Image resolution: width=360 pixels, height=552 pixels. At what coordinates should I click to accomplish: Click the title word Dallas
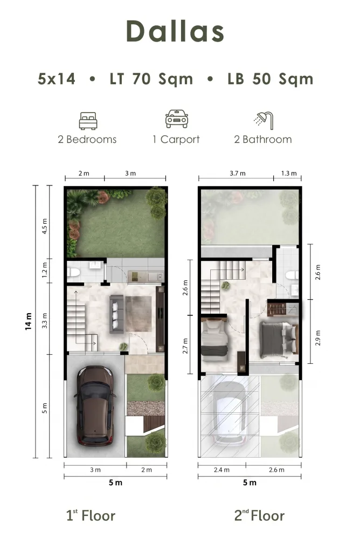pos(175,31)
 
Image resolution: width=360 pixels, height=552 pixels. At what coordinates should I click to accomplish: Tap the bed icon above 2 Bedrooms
pos(88,121)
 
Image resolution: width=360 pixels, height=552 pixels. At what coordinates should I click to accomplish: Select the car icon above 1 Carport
pos(177,119)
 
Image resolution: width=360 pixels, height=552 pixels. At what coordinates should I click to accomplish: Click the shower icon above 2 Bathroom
pos(263,120)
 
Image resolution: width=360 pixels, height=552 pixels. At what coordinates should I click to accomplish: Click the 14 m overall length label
pos(28,321)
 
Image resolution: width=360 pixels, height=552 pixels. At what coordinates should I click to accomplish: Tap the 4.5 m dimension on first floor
pos(44,226)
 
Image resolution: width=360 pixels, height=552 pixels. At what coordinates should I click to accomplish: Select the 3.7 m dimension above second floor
pos(238,173)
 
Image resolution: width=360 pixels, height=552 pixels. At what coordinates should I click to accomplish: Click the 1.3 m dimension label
pos(288,173)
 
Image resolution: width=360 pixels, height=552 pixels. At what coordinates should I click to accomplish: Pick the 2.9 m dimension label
pos(318,337)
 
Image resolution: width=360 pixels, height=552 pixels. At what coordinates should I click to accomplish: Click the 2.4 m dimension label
pos(221,470)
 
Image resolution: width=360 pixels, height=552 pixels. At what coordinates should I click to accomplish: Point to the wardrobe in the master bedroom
pos(276,309)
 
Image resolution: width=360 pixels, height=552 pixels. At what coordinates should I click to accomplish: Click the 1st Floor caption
pos(91,515)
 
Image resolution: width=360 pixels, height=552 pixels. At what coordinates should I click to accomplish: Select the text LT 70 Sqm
pos(151,79)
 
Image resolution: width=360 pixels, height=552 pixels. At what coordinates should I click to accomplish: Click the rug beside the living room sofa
pos(139,314)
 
